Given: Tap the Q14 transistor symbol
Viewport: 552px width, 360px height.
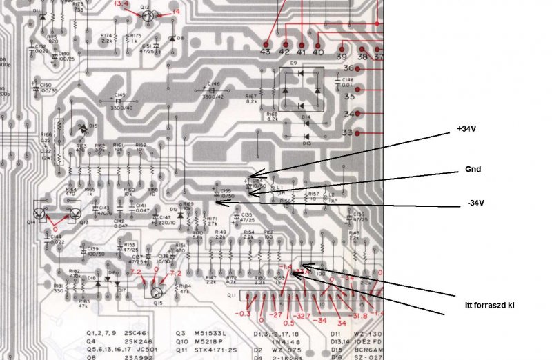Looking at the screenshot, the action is (40, 214).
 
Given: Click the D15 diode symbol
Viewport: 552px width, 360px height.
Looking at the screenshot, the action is (83, 128).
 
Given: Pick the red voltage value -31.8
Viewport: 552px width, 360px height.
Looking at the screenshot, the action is (360, 317).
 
